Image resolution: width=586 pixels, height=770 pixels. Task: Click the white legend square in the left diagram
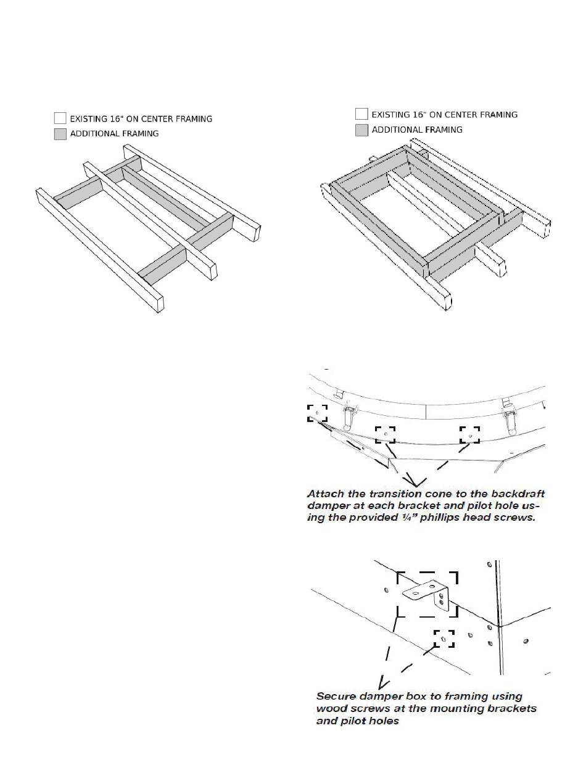pos(60,118)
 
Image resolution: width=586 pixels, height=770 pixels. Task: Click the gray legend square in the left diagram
pos(60,134)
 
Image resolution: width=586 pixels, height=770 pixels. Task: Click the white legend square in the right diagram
pos(361,114)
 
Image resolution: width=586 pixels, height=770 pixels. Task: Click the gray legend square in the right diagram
pos(361,130)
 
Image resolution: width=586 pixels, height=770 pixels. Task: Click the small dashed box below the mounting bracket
pos(444,639)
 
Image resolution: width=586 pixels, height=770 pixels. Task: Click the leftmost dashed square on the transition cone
pos(317,413)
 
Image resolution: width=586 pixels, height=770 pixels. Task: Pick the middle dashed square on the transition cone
pos(385,434)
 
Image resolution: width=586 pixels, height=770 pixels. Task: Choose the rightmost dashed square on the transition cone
pos(470,434)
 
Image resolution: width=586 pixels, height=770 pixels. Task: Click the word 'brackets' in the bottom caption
pos(514,708)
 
